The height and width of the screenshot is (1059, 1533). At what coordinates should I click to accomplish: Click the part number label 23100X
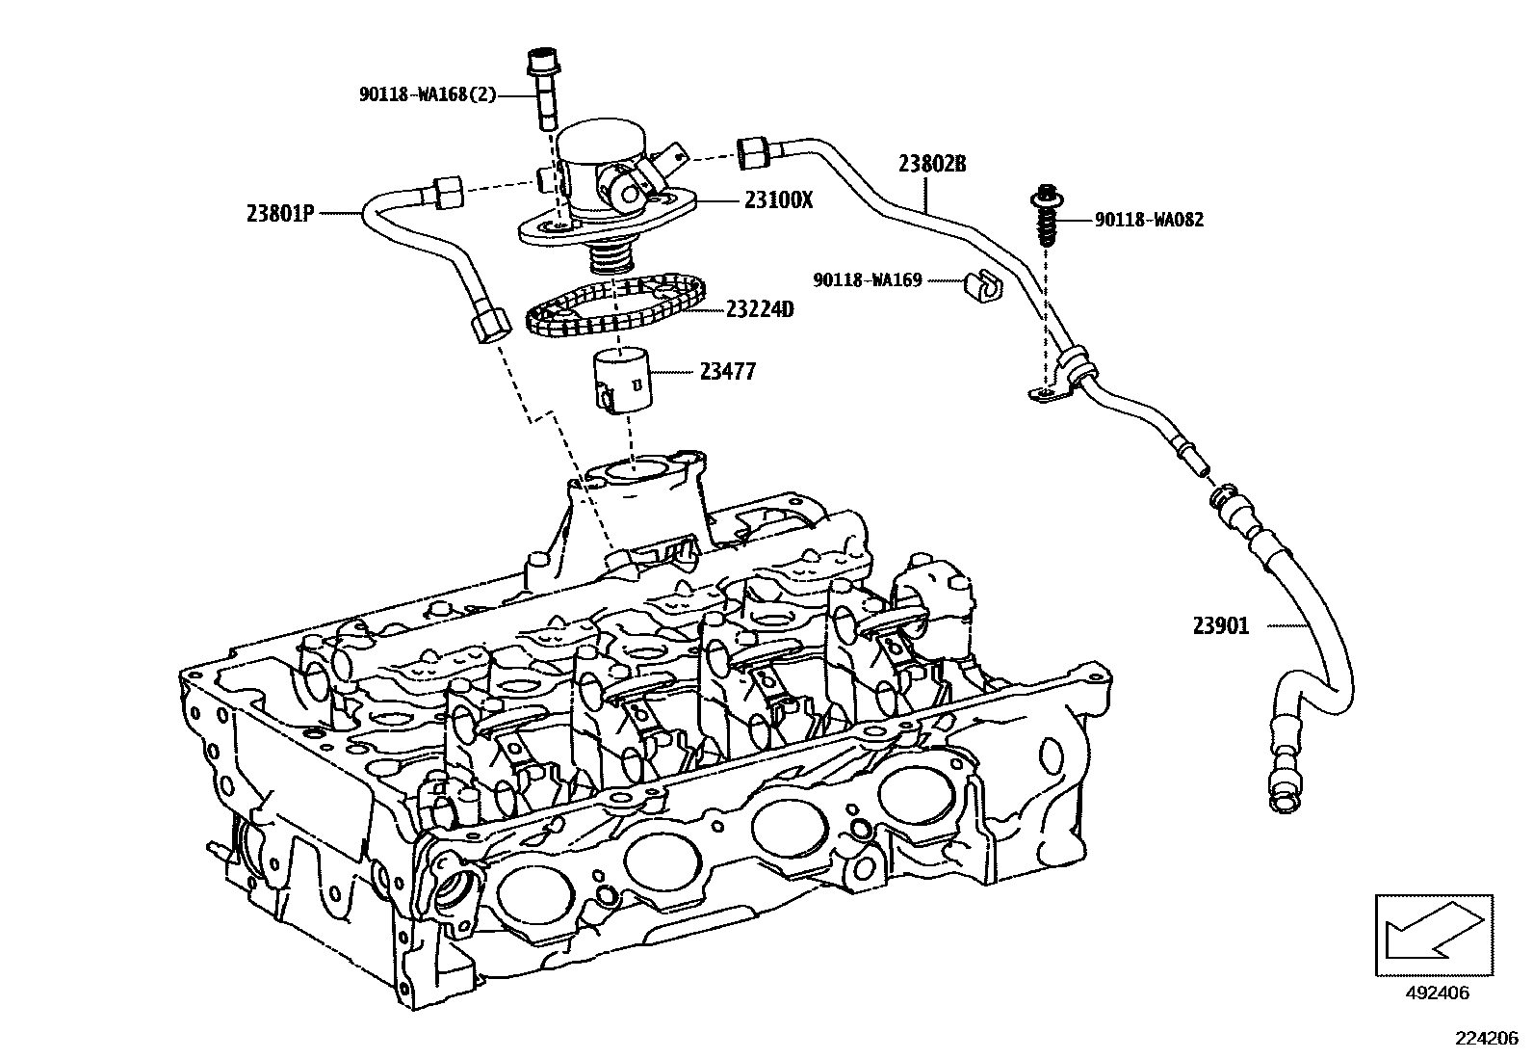(778, 200)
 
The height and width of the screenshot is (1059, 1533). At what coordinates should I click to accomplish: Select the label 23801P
(281, 213)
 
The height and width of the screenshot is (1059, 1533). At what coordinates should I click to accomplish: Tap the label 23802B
(931, 164)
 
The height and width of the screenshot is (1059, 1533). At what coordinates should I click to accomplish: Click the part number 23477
(728, 371)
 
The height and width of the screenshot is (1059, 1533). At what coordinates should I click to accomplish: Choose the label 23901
(1221, 626)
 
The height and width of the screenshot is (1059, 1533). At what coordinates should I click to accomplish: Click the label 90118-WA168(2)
(428, 94)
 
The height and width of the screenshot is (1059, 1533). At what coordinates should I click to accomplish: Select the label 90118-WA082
(1149, 220)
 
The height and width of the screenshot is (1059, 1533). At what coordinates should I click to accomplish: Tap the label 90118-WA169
(868, 280)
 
